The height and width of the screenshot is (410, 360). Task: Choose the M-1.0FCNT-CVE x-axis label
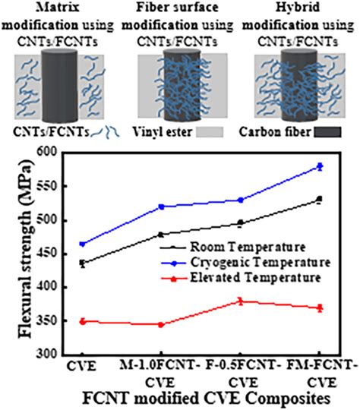(x=157, y=372)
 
